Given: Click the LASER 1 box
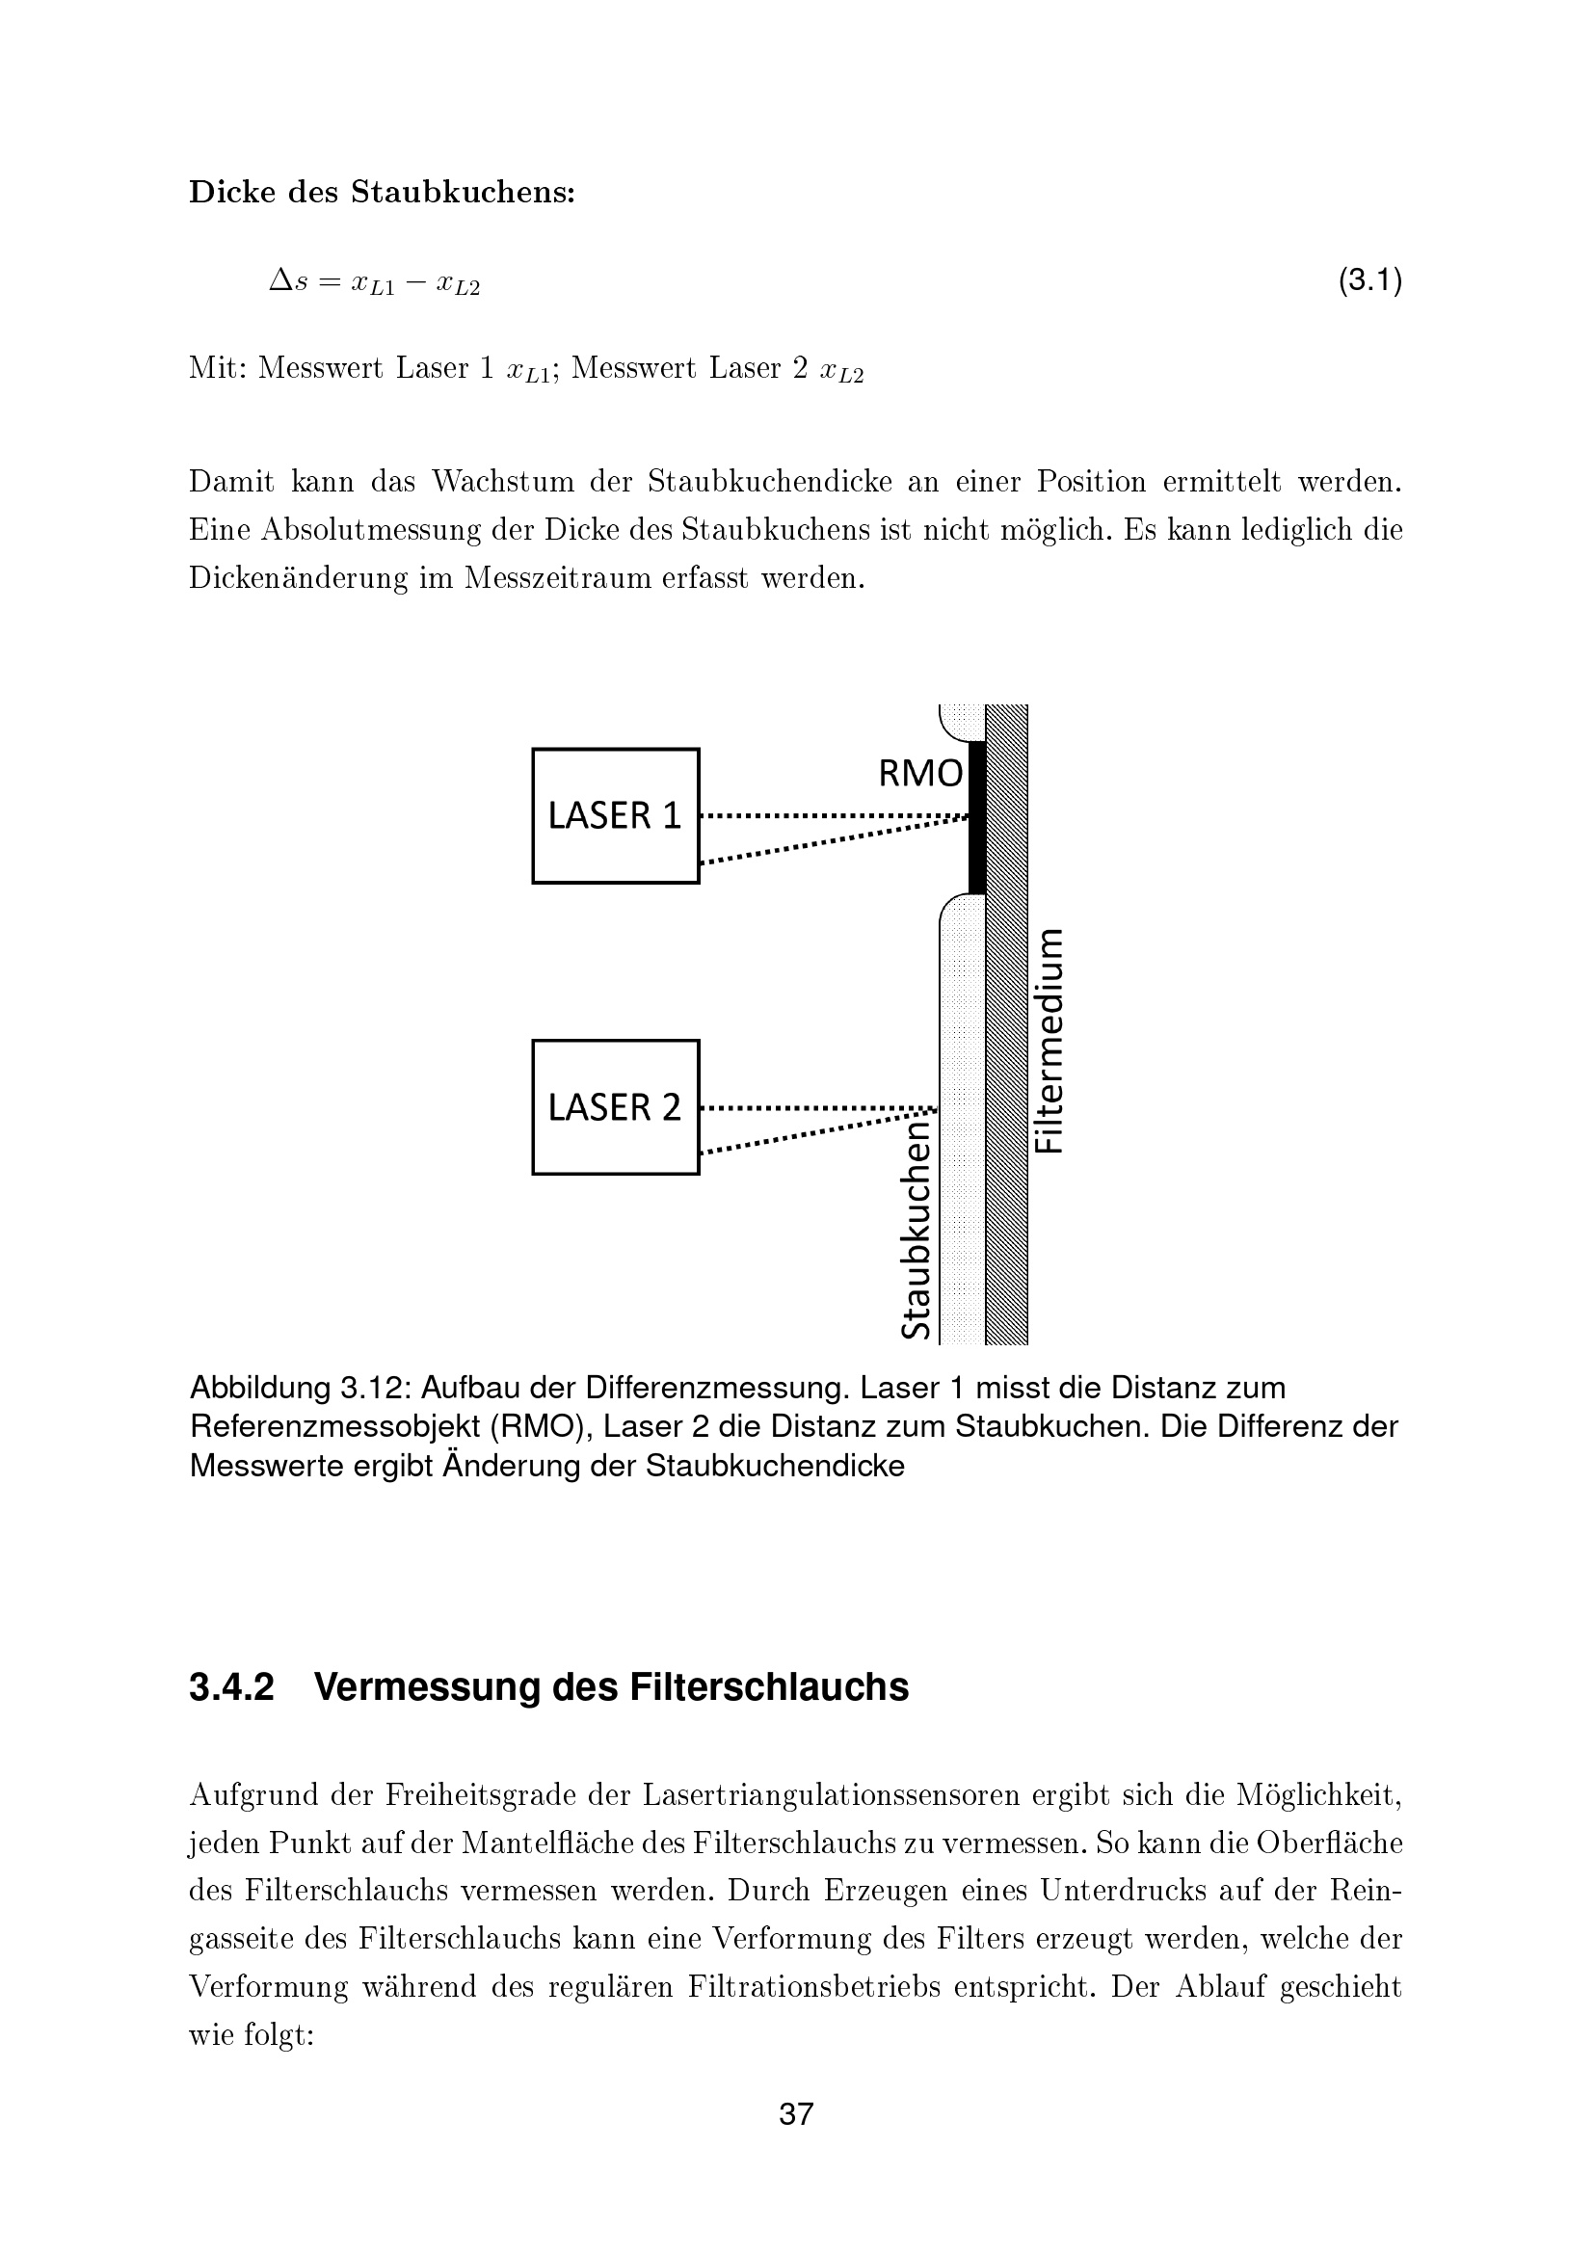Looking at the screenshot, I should tap(616, 816).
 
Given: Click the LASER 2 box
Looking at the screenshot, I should tap(616, 1106).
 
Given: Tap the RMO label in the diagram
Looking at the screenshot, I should tap(920, 775).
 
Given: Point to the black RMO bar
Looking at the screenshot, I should tap(976, 818).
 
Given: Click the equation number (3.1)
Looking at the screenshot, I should tap(1370, 281).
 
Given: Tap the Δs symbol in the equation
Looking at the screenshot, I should tap(288, 282).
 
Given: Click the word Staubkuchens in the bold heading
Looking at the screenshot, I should tap(463, 193).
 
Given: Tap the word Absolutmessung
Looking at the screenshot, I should tap(374, 530).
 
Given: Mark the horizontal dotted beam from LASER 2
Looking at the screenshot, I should tap(814, 1108).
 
